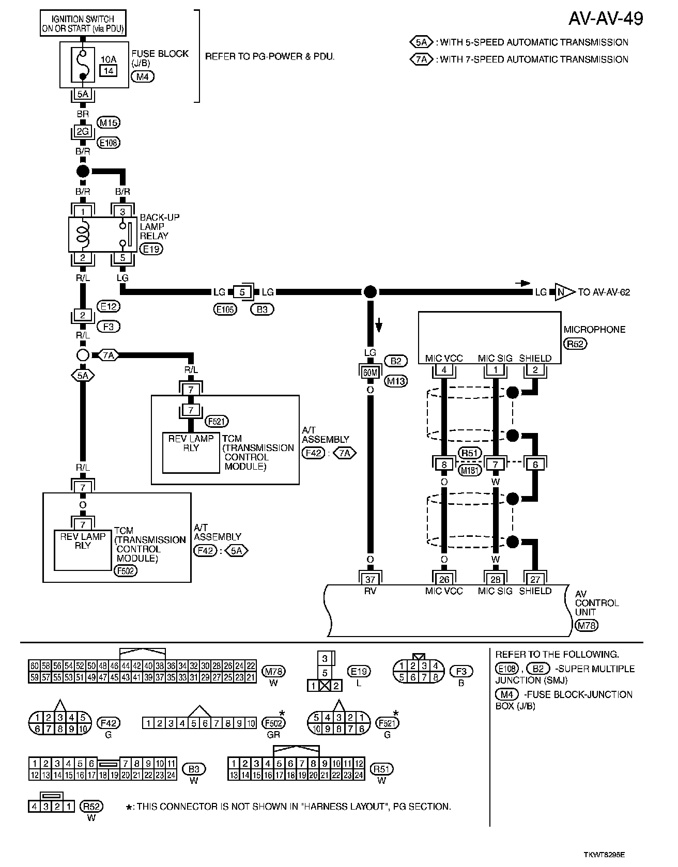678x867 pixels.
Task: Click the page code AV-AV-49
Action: pyautogui.click(x=606, y=19)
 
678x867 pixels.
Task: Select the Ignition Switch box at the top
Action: pyautogui.click(x=83, y=24)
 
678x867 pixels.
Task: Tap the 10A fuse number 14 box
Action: pyautogui.click(x=109, y=70)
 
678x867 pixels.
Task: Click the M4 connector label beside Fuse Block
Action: pyautogui.click(x=143, y=76)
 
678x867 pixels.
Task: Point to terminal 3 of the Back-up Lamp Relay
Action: pyautogui.click(x=122, y=211)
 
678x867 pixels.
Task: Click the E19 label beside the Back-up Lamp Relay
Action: pyautogui.click(x=151, y=249)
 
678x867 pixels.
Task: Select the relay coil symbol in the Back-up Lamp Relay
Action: pyautogui.click(x=83, y=234)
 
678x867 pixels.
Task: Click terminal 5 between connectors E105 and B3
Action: pyautogui.click(x=242, y=292)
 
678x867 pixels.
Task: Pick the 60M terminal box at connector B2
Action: pyautogui.click(x=370, y=371)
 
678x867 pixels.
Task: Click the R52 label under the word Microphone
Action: pyautogui.click(x=575, y=344)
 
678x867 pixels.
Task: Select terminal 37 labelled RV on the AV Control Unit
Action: pyautogui.click(x=370, y=579)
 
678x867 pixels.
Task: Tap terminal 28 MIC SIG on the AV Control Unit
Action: pyautogui.click(x=495, y=579)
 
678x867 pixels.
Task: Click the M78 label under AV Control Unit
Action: pyautogui.click(x=586, y=626)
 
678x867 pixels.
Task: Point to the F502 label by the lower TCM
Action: pyautogui.click(x=125, y=571)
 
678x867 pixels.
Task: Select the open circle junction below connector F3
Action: pyautogui.click(x=83, y=355)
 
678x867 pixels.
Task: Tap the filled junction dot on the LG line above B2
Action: pyautogui.click(x=370, y=292)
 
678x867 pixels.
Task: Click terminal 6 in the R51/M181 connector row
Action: pyautogui.click(x=535, y=465)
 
